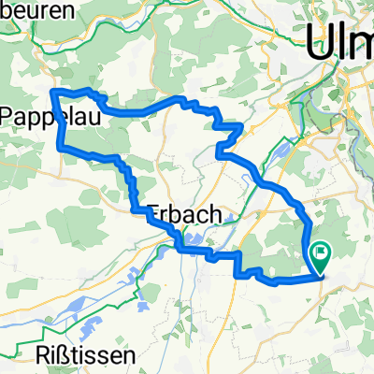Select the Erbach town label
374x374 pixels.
coord(185,215)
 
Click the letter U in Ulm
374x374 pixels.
coord(320,42)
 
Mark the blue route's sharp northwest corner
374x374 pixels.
coord(52,91)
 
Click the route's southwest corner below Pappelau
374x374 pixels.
coord(61,148)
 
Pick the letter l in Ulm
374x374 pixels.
coord(338,42)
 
